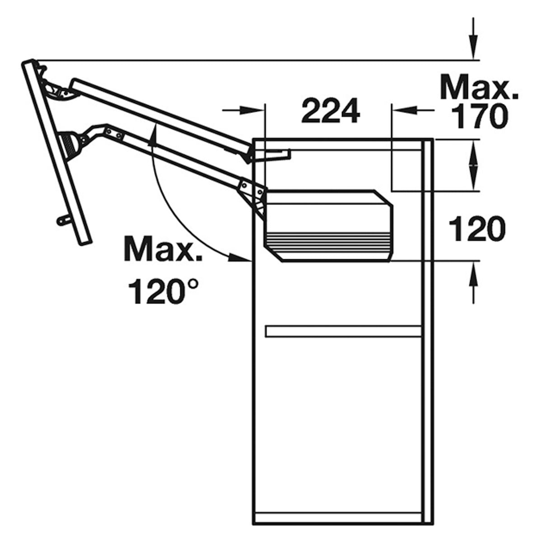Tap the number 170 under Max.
pyautogui.click(x=479, y=116)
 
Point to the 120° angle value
pyautogui.click(x=163, y=291)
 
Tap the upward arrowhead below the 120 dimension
pyautogui.click(x=473, y=273)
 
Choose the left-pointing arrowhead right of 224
pyautogui.click(x=402, y=109)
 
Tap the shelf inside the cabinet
pyautogui.click(x=343, y=331)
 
